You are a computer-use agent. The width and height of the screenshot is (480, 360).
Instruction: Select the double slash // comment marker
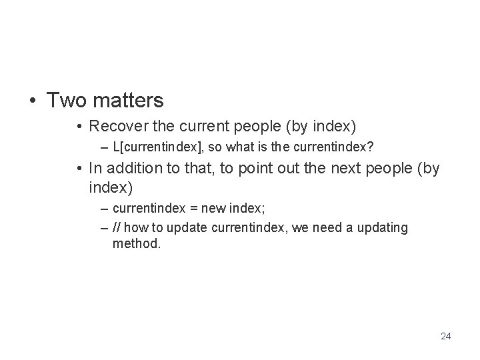(x=117, y=229)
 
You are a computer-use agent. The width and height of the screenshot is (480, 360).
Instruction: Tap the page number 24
(x=445, y=336)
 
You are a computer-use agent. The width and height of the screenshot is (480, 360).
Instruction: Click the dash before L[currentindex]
(x=105, y=145)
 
